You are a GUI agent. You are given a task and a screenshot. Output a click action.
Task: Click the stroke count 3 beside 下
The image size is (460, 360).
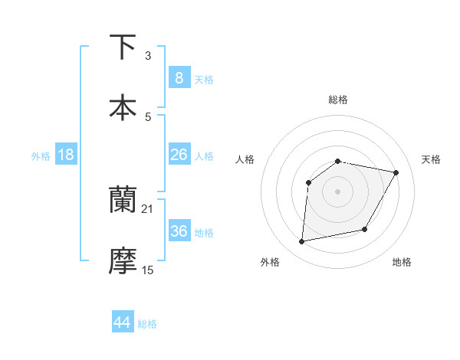tap(148, 56)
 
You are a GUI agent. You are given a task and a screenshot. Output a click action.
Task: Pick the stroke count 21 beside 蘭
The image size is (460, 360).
tap(148, 208)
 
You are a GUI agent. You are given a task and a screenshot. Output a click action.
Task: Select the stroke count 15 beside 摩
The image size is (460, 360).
tap(148, 270)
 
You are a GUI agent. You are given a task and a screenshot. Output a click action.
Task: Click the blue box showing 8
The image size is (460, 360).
tap(179, 77)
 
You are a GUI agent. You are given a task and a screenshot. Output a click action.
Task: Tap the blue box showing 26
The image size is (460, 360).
tap(179, 155)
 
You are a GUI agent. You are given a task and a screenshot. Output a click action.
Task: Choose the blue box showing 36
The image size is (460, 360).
tap(179, 231)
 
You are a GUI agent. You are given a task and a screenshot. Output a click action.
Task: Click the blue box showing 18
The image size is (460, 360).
tap(66, 155)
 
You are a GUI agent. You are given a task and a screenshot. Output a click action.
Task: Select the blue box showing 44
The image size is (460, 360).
tap(123, 322)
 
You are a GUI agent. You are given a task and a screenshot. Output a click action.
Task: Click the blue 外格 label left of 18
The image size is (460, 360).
tap(41, 156)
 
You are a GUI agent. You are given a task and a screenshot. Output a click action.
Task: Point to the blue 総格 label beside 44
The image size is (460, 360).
tap(147, 324)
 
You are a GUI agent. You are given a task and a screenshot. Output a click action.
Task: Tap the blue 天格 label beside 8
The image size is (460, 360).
tap(204, 80)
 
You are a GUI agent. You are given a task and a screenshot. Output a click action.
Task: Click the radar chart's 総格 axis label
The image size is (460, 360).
tap(338, 100)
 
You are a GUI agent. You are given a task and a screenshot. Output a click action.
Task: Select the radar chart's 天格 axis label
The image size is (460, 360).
tap(432, 159)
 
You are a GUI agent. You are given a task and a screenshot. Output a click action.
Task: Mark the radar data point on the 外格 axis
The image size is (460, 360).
tap(302, 242)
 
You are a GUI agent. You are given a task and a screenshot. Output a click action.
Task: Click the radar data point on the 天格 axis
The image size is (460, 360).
tap(396, 172)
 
